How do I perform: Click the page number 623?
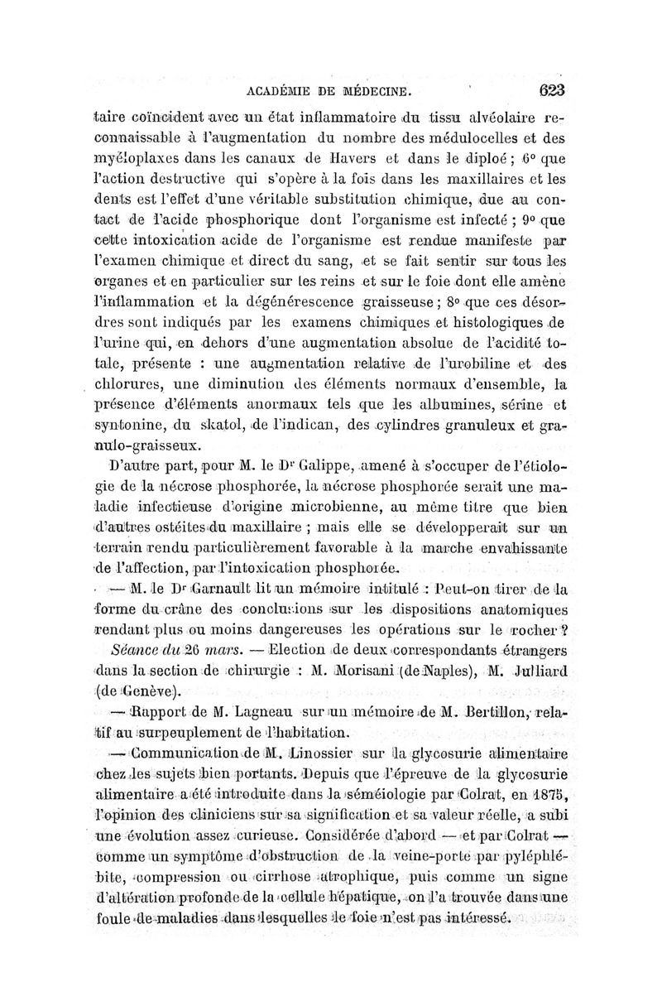pyautogui.click(x=549, y=90)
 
